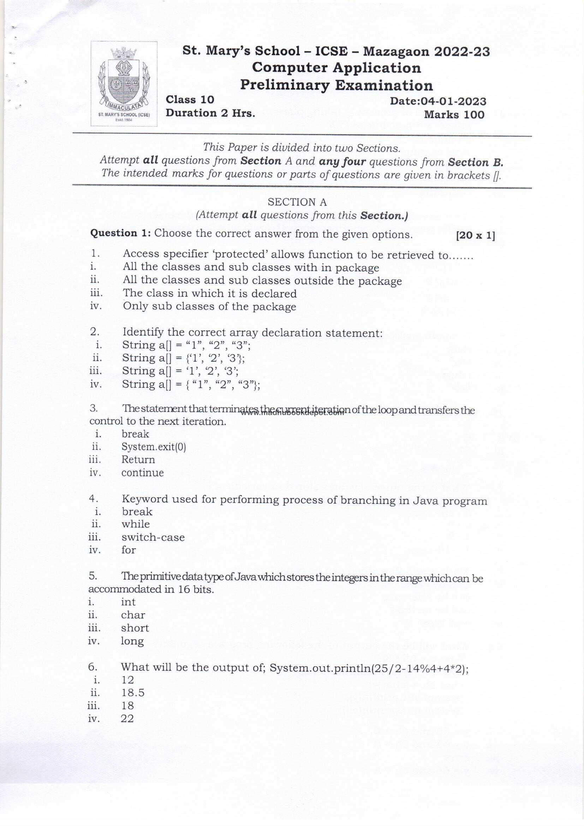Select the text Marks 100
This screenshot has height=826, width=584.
(454, 115)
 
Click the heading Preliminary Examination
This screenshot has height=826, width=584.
(336, 85)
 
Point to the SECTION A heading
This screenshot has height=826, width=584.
(297, 202)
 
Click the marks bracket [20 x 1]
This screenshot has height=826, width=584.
(475, 236)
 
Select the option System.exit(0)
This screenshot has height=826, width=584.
(154, 447)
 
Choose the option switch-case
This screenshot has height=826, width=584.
(153, 537)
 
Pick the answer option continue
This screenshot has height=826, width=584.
(142, 473)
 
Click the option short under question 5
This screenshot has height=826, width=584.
(135, 628)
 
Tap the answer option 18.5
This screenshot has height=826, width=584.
(133, 692)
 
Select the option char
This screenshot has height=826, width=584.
(133, 615)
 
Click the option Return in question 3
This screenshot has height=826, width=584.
(138, 460)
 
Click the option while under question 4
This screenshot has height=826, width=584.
(136, 524)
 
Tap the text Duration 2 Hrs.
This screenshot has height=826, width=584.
(210, 113)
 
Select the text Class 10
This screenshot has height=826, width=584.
(190, 100)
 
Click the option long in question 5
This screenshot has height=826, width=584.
(132, 641)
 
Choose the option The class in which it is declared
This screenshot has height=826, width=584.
(210, 294)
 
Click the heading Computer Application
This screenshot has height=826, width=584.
(336, 68)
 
